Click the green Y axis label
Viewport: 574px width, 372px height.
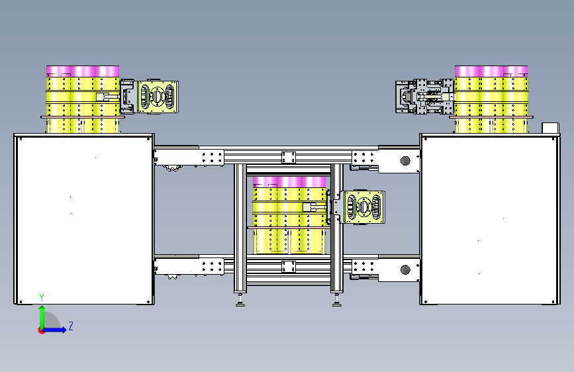coord(42,297)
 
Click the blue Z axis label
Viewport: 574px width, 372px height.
coord(71,326)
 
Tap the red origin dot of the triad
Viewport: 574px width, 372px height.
coord(41,330)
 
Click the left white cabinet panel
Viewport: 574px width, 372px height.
coord(84,219)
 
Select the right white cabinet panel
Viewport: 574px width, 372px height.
coord(490,219)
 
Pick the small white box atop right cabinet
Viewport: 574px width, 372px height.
coord(550,128)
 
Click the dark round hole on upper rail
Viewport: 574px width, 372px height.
coord(405,161)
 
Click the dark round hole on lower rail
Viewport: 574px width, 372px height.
coord(405,270)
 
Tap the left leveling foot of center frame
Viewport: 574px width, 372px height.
coord(240,301)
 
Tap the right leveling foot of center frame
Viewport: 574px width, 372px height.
coord(337,301)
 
